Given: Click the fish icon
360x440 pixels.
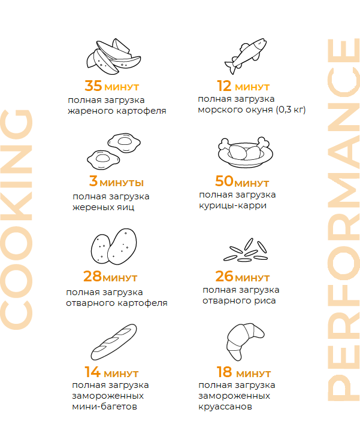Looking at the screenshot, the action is click(245, 56).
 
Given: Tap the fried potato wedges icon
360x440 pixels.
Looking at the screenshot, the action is click(113, 56).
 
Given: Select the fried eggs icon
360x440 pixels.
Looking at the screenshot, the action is click(114, 151).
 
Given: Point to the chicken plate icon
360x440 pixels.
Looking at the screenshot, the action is click(245, 152).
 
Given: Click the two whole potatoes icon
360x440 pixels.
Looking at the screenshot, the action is click(114, 247).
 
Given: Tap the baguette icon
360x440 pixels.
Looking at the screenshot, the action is click(114, 342).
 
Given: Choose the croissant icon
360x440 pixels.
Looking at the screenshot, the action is click(245, 342).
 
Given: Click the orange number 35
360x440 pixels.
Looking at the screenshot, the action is click(93, 86).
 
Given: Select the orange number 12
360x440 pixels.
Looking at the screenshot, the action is click(224, 86).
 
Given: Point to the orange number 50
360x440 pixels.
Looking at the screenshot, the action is click(224, 181).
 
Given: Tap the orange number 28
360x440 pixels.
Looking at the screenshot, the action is click(92, 276).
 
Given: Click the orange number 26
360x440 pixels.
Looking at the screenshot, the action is click(225, 276).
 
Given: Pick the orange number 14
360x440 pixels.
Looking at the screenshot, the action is click(93, 372).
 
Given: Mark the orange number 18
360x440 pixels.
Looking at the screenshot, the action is click(225, 372).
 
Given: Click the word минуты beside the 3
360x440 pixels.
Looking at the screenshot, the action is click(122, 183).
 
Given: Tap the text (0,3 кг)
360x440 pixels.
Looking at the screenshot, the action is click(291, 110).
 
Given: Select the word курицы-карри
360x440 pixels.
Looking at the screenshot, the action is click(233, 206).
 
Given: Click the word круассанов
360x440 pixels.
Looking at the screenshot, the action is click(225, 406).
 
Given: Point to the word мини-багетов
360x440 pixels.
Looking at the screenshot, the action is click(104, 406).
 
